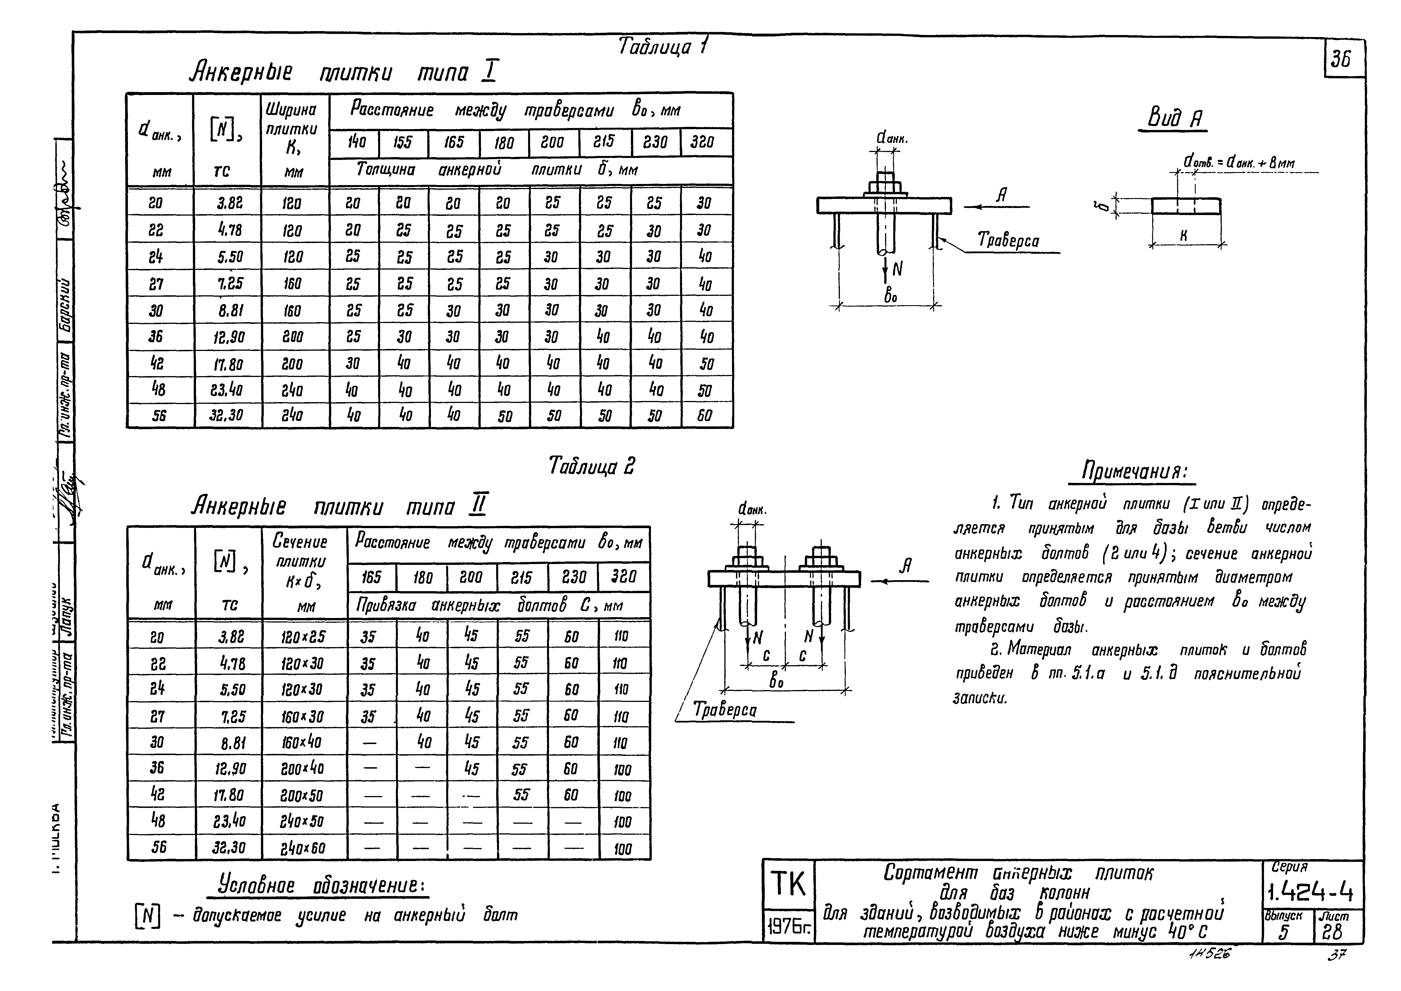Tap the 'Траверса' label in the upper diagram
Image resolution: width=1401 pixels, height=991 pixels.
click(1008, 240)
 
